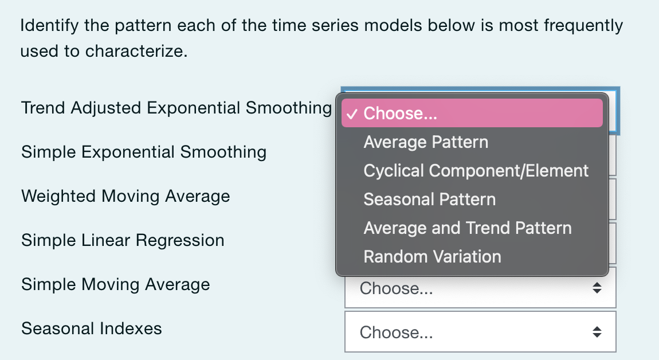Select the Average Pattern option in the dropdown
pyautogui.click(x=426, y=142)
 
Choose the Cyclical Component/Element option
pyautogui.click(x=476, y=171)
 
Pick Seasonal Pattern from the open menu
pyautogui.click(x=429, y=199)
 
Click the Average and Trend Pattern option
pyautogui.click(x=467, y=228)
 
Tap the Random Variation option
pyautogui.click(x=432, y=257)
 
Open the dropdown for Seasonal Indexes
pyautogui.click(x=480, y=332)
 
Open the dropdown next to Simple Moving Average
pyautogui.click(x=480, y=288)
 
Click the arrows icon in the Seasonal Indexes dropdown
pyautogui.click(x=597, y=332)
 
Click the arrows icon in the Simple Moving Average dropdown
pyautogui.click(x=597, y=288)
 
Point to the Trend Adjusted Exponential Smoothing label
pyautogui.click(x=176, y=108)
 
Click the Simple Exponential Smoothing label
pyautogui.click(x=143, y=152)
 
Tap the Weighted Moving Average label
pyautogui.click(x=125, y=196)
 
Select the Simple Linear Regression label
pyautogui.click(x=123, y=240)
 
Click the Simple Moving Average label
pyautogui.click(x=115, y=284)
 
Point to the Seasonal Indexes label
pyautogui.click(x=91, y=328)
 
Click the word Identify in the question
pyautogui.click(x=49, y=26)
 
